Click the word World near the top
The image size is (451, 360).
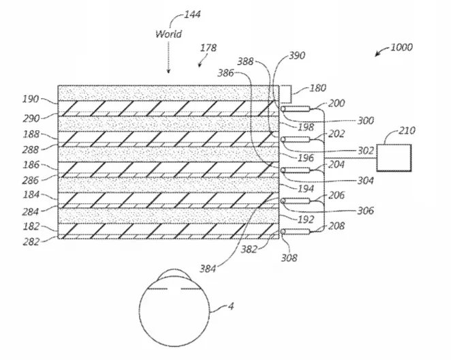[x=168, y=34]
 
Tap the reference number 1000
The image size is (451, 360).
[x=401, y=47]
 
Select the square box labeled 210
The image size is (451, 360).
[x=394, y=158]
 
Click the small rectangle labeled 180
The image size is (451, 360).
[x=285, y=94]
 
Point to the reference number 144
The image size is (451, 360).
[x=192, y=14]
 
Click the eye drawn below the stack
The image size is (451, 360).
[x=174, y=308]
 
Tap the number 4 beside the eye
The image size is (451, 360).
[x=231, y=306]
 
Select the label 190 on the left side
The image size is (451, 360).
[x=31, y=100]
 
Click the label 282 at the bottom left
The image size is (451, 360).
[x=31, y=242]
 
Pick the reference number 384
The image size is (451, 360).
[x=208, y=269]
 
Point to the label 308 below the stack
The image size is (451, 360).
[x=289, y=258]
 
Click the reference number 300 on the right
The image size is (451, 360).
[x=366, y=121]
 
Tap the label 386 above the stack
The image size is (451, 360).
[x=226, y=73]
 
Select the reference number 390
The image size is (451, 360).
[x=297, y=55]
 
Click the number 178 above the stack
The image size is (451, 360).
[x=208, y=48]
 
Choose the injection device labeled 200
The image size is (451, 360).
[x=296, y=109]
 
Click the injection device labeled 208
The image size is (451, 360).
[x=296, y=231]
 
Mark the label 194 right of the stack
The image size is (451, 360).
[x=306, y=189]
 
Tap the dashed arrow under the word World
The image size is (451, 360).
[x=168, y=57]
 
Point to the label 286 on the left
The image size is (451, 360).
[x=30, y=181]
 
